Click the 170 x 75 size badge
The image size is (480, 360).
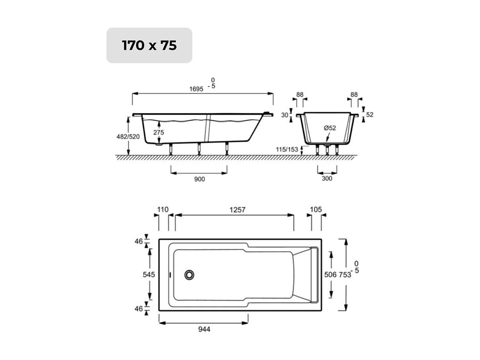149,45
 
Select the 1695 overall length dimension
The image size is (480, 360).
197,89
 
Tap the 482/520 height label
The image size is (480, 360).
128,137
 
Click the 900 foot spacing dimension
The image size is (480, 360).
199,179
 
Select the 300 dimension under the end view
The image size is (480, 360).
327,178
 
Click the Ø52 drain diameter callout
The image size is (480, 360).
330,128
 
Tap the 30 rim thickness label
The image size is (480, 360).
284,115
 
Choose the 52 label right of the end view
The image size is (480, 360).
370,115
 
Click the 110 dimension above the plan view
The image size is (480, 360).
163,209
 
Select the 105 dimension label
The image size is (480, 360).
316,209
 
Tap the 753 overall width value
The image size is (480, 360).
345,274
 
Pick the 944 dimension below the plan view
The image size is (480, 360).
203,329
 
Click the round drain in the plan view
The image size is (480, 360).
189,274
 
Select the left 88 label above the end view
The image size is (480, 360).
300,95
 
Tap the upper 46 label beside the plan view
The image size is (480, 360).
138,241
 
